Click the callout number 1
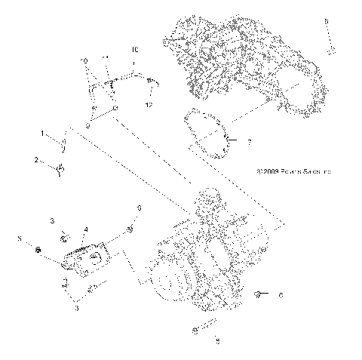point(44,134)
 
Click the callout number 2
point(35,160)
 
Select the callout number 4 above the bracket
point(86,229)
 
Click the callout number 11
point(106,57)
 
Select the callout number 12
point(149,105)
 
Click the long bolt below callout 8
point(330,41)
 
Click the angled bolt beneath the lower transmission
point(204,329)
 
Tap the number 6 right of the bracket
point(139,208)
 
